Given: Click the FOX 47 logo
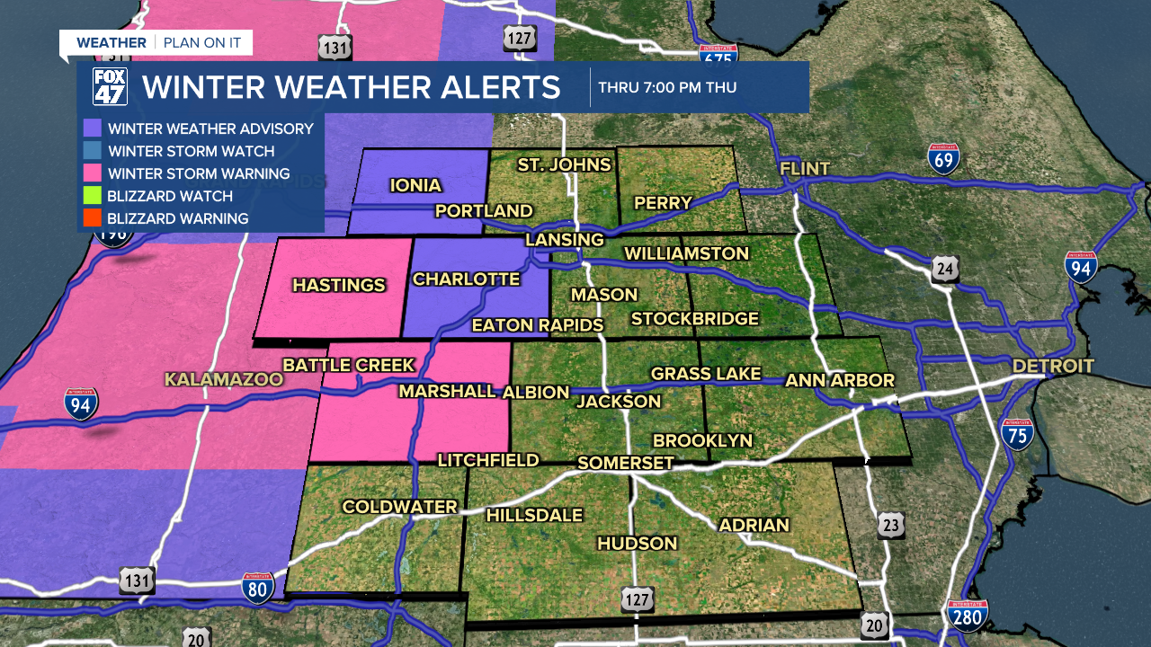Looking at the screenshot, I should click(x=110, y=87).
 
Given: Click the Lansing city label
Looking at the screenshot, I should click(x=564, y=240).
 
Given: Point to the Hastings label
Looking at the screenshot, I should click(x=339, y=286).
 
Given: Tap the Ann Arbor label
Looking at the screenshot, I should click(x=840, y=380).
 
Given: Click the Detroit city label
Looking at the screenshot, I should click(x=1053, y=366).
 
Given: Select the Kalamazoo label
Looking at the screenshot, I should click(x=224, y=379).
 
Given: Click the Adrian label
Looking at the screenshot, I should click(x=754, y=525).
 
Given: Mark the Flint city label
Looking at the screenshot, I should click(x=804, y=169).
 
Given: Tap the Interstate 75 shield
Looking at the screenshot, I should click(x=1017, y=433).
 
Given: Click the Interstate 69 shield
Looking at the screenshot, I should click(x=944, y=158).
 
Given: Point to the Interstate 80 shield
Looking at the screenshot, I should click(x=257, y=589).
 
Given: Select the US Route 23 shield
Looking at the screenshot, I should click(x=891, y=526).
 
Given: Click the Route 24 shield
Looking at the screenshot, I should click(x=945, y=268).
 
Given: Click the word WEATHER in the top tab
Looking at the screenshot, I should click(x=111, y=42).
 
